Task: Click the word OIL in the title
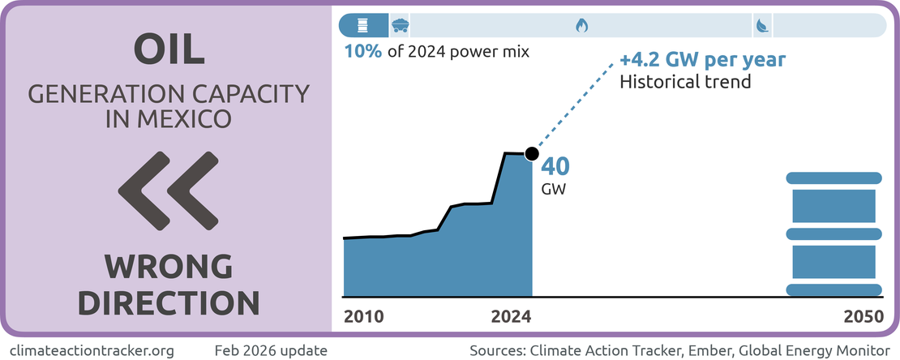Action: coord(169,50)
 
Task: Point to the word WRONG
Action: coord(168,267)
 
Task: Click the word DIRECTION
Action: coord(168,302)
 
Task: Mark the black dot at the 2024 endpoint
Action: coord(532,153)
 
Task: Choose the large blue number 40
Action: coord(555,167)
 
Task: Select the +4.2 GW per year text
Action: coord(702,62)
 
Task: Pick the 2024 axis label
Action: coord(511,317)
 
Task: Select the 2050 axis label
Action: coord(863,317)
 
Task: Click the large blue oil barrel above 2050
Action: coord(834,234)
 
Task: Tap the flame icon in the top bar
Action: coord(581,26)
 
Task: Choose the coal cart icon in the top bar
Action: coord(400,26)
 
